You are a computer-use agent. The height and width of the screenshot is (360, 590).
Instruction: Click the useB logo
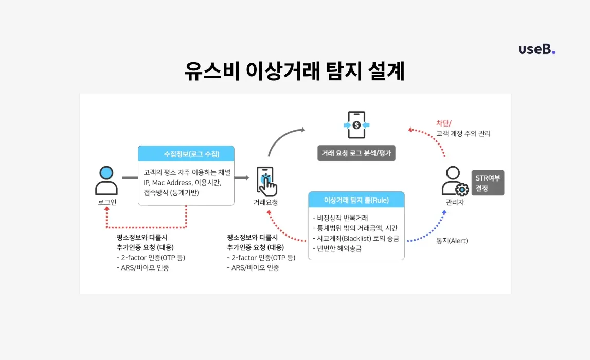tap(537, 49)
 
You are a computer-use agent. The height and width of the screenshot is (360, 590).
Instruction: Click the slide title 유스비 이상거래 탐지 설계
tap(295, 71)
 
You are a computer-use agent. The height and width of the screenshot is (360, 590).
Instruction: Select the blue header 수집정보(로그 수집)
tap(186, 154)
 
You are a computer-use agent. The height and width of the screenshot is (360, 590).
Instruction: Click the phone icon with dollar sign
tap(356, 125)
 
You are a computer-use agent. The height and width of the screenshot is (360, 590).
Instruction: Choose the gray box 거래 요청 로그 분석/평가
tap(356, 153)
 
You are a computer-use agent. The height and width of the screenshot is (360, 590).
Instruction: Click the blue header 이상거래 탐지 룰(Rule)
tap(356, 200)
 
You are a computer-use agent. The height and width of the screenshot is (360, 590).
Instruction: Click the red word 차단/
tap(443, 123)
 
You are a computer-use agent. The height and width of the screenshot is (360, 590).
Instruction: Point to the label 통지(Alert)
tap(452, 240)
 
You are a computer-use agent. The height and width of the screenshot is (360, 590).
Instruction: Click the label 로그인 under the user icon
tap(107, 202)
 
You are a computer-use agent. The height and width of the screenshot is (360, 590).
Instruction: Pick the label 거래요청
tap(265, 202)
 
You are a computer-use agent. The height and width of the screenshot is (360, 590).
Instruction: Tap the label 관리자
tap(454, 202)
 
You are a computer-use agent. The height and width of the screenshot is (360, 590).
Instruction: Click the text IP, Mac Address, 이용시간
tap(183, 183)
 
